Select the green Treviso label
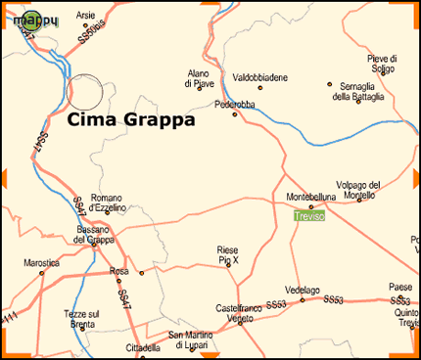tap(309, 215)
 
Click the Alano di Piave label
tap(199, 79)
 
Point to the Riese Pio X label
tap(227, 254)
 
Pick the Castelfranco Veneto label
tap(241, 312)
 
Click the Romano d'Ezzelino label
tap(106, 202)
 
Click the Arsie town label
tap(86, 17)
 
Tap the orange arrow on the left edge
tap(5, 177)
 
